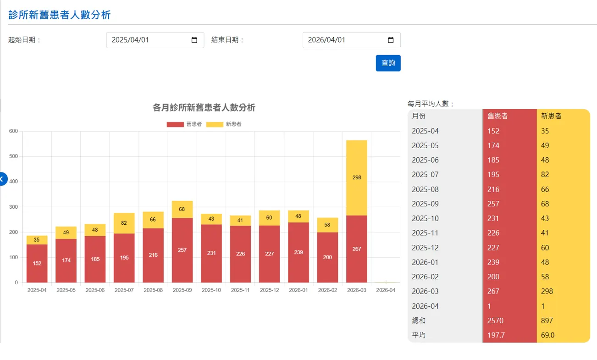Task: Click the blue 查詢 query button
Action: [388, 63]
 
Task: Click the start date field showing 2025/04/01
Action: [155, 40]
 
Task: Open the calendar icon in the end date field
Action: [391, 40]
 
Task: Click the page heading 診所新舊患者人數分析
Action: [60, 15]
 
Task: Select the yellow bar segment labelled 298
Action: [357, 178]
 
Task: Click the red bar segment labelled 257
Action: [182, 250]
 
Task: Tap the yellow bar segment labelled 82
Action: [124, 223]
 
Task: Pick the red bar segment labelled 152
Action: [37, 263]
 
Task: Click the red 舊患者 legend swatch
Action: [175, 124]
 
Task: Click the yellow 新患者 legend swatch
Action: [215, 124]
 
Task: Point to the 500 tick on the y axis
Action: [13, 156]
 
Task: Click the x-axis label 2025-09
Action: [182, 290]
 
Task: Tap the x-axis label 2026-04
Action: [386, 290]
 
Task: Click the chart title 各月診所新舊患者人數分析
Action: [204, 108]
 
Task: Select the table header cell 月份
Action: [419, 116]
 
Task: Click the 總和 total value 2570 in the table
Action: [495, 321]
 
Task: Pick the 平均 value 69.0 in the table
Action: [547, 335]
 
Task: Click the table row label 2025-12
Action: [425, 248]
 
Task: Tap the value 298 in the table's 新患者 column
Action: [547, 291]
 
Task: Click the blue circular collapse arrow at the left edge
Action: [3, 179]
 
